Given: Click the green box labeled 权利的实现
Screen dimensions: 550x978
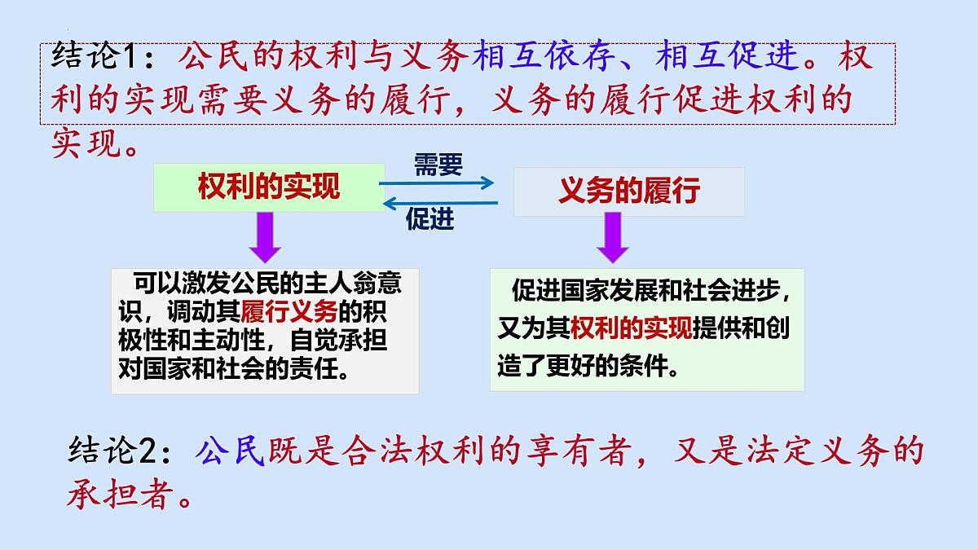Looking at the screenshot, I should pos(269,188).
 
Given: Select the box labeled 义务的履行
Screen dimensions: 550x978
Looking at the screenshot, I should pos(629,191).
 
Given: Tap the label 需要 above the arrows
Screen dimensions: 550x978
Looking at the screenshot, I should pos(438,165).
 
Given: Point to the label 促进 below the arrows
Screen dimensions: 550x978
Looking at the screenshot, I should pos(430,218).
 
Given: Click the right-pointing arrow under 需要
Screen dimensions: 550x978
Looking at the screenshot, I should pos(438,183).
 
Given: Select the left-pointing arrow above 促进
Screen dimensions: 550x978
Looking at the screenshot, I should pos(438,202).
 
